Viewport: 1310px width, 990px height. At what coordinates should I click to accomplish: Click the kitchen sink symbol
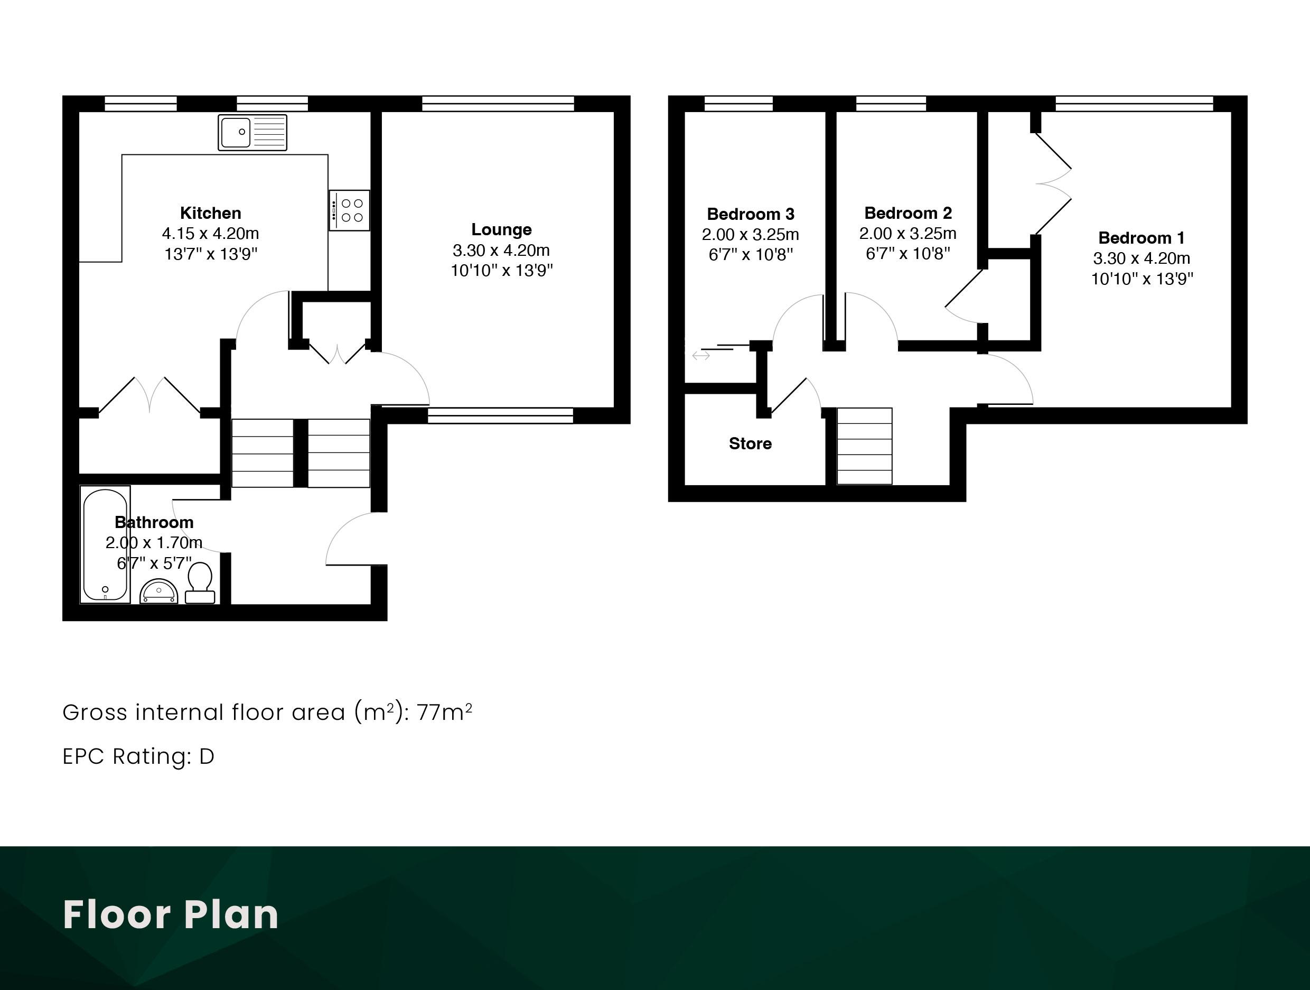(252, 132)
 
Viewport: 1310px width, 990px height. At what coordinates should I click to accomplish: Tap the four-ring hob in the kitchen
(349, 210)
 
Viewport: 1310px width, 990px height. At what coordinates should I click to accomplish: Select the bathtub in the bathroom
(106, 544)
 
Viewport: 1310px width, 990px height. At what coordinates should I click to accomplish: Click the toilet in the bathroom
(200, 583)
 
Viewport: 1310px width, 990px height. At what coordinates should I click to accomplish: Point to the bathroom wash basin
(158, 591)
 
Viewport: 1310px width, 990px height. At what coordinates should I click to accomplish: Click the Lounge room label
(502, 229)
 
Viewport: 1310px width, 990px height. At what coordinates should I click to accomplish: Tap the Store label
(751, 444)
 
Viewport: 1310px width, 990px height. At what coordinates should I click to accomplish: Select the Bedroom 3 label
(751, 214)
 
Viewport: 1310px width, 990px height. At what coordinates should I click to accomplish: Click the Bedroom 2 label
(908, 212)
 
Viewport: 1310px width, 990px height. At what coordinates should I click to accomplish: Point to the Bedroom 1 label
(1141, 237)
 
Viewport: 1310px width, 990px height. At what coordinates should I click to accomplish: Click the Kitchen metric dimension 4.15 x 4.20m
(211, 234)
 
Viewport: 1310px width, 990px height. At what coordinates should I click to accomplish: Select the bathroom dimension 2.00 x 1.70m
(154, 543)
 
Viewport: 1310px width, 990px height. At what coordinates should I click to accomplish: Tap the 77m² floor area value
(444, 711)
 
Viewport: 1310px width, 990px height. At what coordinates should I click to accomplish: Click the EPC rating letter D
(207, 756)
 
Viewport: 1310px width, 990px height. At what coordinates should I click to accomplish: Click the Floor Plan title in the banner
(171, 915)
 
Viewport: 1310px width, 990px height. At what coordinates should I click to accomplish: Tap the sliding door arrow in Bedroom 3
(701, 356)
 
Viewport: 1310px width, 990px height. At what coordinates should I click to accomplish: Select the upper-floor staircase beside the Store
(865, 446)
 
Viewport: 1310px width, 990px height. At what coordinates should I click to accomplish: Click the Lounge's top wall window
(498, 104)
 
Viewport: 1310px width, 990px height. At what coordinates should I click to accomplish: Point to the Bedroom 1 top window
(1134, 104)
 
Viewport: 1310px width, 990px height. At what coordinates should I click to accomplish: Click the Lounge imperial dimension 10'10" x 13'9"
(502, 271)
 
